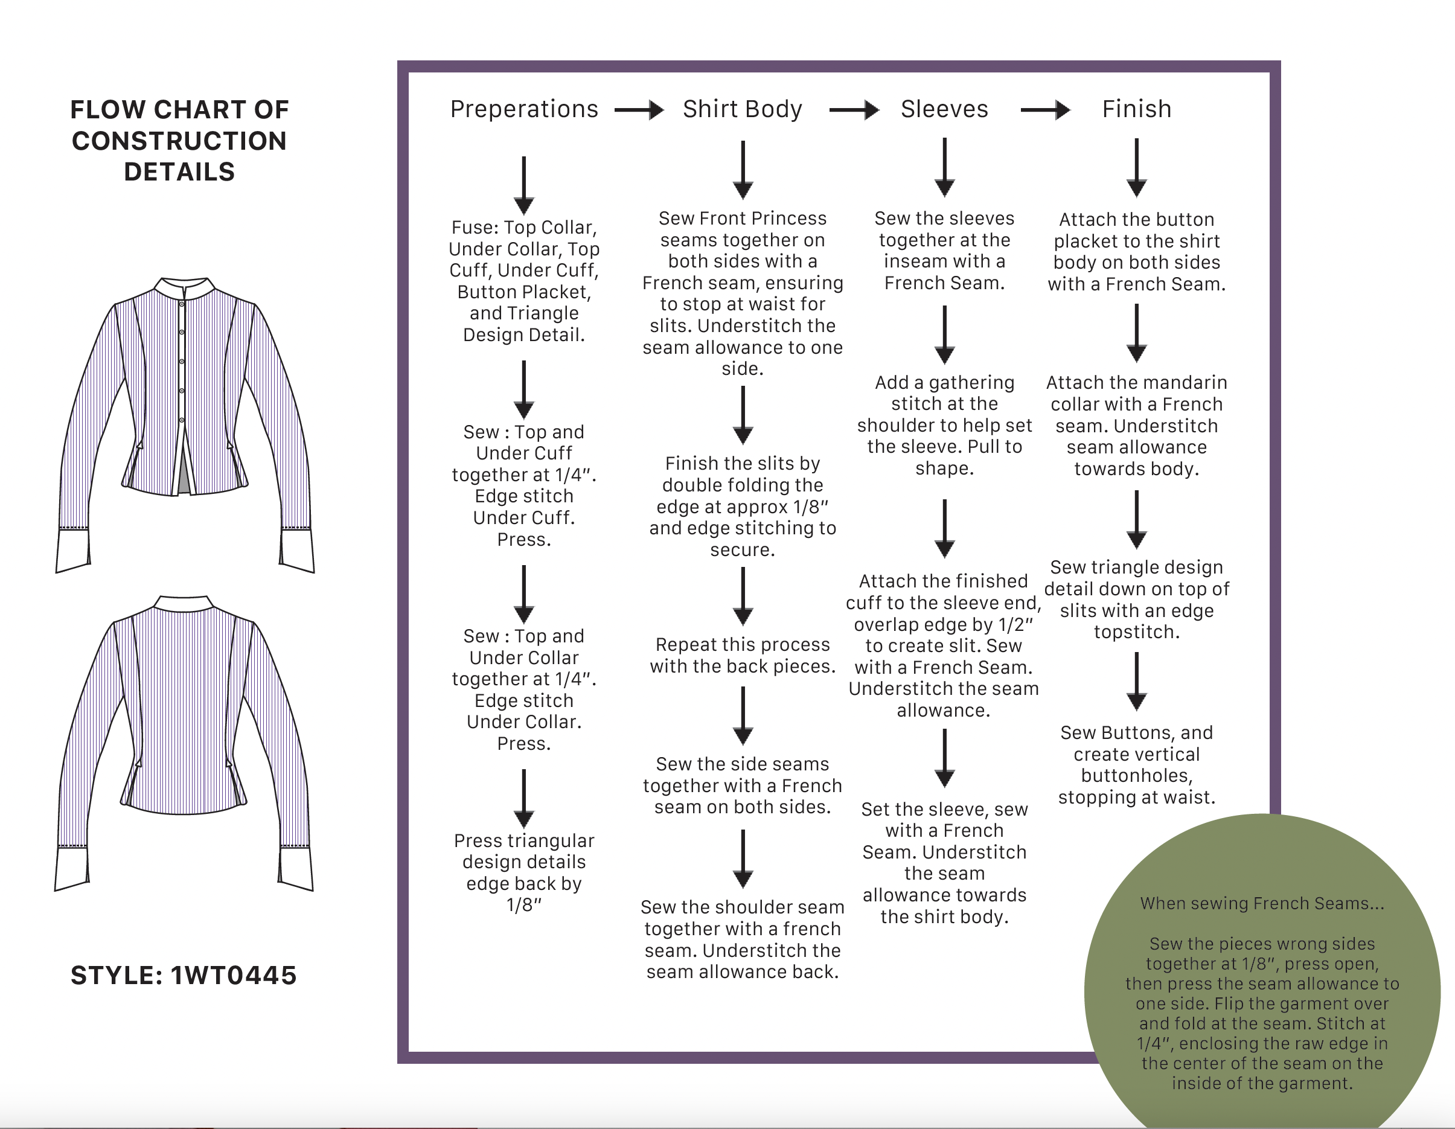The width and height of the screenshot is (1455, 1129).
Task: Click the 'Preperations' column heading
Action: [x=523, y=109]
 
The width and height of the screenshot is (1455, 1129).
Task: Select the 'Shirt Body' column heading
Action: [x=742, y=109]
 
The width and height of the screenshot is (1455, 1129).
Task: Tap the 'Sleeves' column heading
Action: [x=944, y=109]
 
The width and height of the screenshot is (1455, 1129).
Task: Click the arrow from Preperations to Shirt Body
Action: [x=638, y=110]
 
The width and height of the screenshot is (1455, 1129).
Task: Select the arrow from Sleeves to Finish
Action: [x=1044, y=110]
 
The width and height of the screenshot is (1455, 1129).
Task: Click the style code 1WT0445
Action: [x=233, y=975]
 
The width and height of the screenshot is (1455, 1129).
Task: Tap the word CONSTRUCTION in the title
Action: [x=179, y=141]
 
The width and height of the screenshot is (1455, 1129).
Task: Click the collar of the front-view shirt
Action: [x=185, y=289]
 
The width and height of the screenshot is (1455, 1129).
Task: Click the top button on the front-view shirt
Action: [x=181, y=304]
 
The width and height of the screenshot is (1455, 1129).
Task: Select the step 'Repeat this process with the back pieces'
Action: [x=742, y=656]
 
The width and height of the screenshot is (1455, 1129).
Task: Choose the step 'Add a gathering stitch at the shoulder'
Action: [x=944, y=425]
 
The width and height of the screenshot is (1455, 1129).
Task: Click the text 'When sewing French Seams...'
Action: [x=1262, y=904]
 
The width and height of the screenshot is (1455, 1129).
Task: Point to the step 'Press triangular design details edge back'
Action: [x=523, y=872]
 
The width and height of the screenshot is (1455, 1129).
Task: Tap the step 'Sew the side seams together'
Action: [x=742, y=785]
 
